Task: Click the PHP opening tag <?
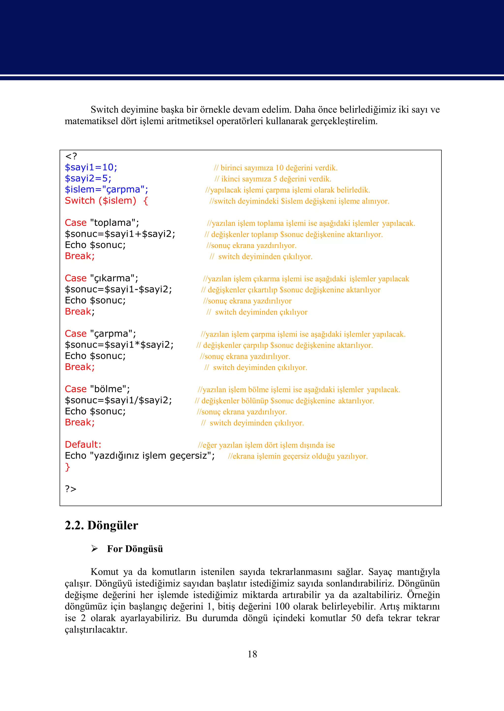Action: (71, 156)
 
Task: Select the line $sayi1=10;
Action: (91, 168)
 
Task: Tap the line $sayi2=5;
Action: (88, 179)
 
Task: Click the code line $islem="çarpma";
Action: (107, 189)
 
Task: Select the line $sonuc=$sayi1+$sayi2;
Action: (120, 234)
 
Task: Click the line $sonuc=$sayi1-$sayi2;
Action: (118, 289)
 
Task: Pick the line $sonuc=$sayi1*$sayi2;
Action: (119, 345)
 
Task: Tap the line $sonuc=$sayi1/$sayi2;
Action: (118, 400)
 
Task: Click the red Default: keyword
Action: (83, 445)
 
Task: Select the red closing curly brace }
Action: (68, 467)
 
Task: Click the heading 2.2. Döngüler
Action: (101, 526)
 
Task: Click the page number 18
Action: (252, 654)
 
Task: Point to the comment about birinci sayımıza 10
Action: (276, 168)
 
